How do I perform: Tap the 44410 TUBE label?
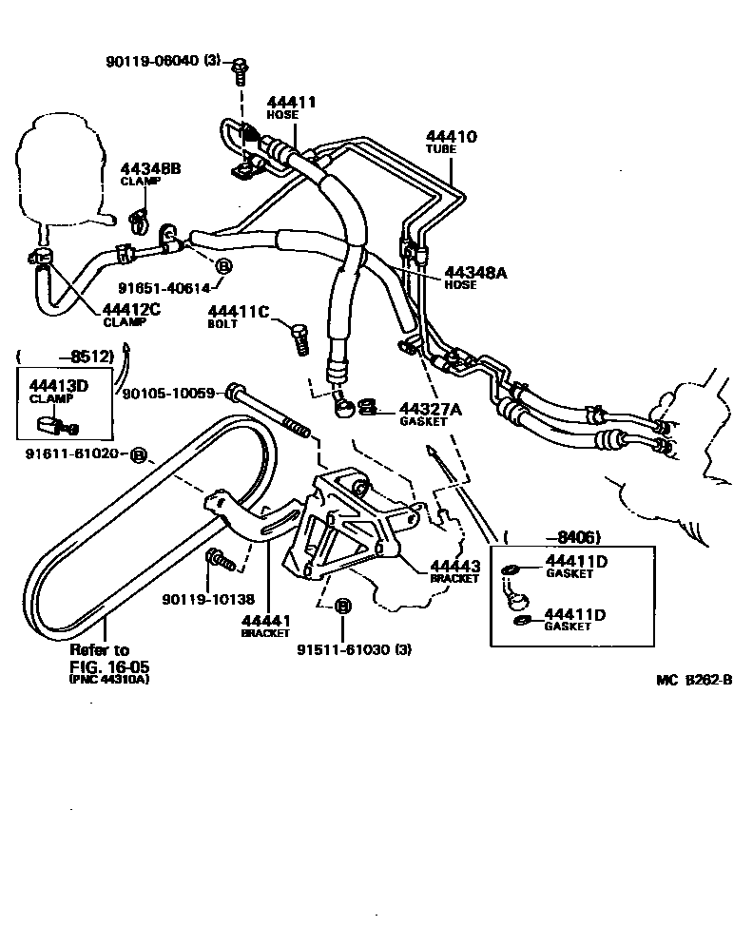pyautogui.click(x=452, y=142)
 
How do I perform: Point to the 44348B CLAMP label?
pyautogui.click(x=150, y=174)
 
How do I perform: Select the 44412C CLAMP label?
pyautogui.click(x=134, y=313)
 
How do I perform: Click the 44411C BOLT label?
pyautogui.click(x=238, y=316)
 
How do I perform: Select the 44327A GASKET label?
pyautogui.click(x=430, y=413)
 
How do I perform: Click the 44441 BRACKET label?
pyautogui.click(x=266, y=625)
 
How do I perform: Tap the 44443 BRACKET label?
pyautogui.click(x=455, y=569)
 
